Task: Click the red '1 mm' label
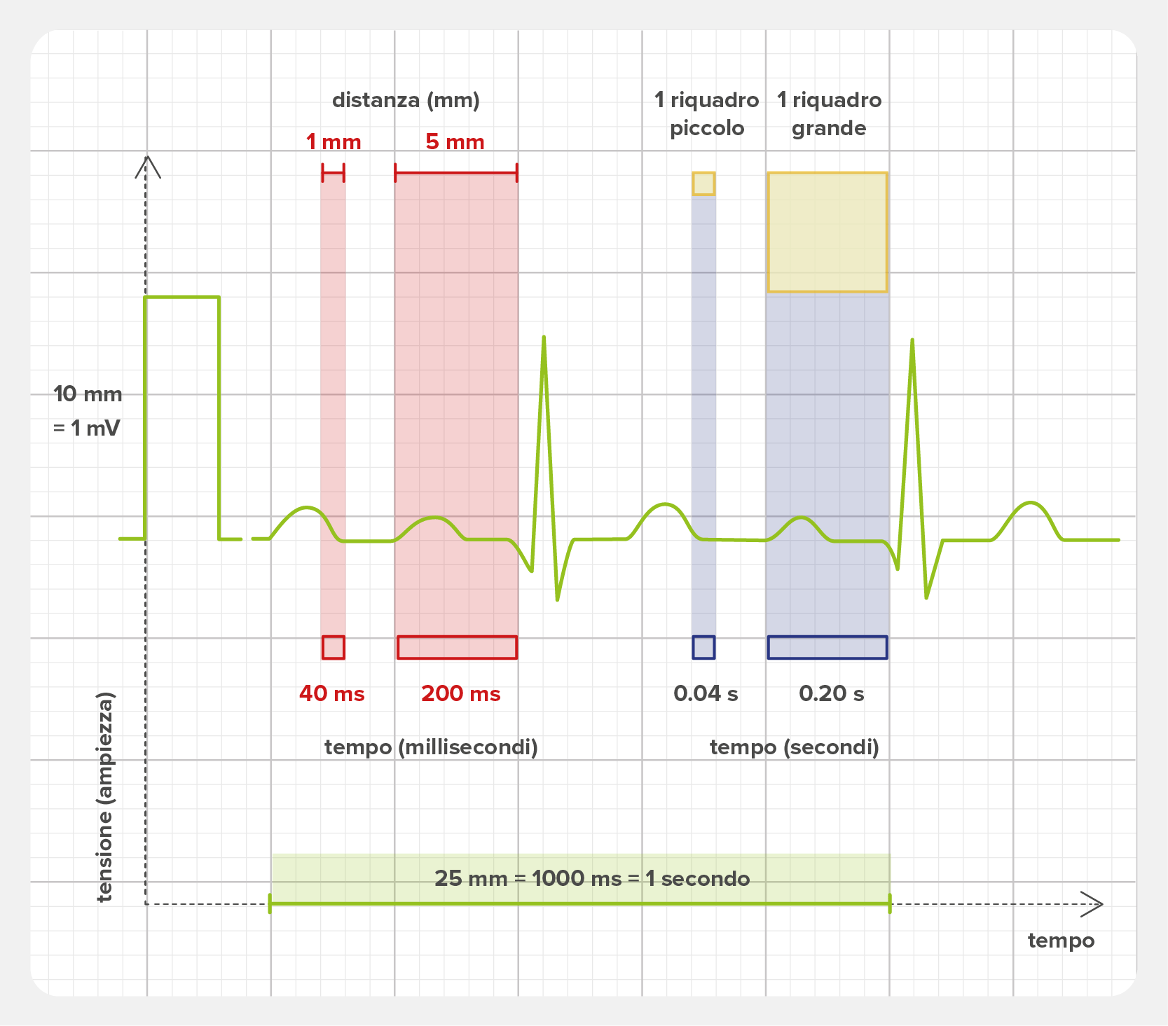pyautogui.click(x=334, y=142)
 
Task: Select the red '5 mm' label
pyautogui.click(x=455, y=142)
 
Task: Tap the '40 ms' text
pyautogui.click(x=332, y=693)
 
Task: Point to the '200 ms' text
pyautogui.click(x=461, y=693)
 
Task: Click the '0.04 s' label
pyautogui.click(x=706, y=693)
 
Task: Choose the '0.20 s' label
pyautogui.click(x=832, y=693)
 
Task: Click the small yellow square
pyautogui.click(x=703, y=183)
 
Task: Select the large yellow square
pyautogui.click(x=827, y=232)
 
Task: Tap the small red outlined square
pyautogui.click(x=334, y=647)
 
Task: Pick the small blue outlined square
pyautogui.click(x=703, y=647)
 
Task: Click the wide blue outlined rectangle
pyautogui.click(x=827, y=647)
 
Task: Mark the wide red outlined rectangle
pyautogui.click(x=457, y=647)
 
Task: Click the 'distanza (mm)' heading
pyautogui.click(x=406, y=100)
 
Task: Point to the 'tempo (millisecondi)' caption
pyautogui.click(x=431, y=747)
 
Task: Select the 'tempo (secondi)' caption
pyautogui.click(x=795, y=747)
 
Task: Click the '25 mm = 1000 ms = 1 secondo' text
pyautogui.click(x=592, y=878)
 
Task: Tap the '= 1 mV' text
pyautogui.click(x=87, y=428)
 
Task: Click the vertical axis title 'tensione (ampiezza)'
pyautogui.click(x=104, y=797)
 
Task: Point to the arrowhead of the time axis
pyautogui.click(x=1093, y=904)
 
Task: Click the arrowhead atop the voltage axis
pyautogui.click(x=147, y=166)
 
